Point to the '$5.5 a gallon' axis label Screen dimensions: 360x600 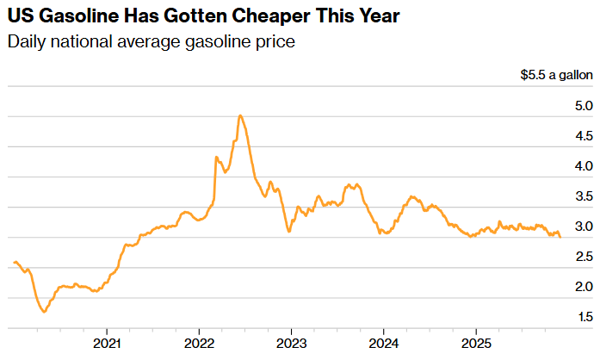556,76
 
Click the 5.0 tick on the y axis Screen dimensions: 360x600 583,106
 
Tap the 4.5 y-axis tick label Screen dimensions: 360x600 583,136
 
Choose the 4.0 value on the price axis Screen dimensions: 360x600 583,166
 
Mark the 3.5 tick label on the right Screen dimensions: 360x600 583,196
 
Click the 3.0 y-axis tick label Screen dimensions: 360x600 583,227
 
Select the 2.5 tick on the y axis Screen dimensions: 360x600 583,257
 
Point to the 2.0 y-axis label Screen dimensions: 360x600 583,287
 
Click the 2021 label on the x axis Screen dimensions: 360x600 107,341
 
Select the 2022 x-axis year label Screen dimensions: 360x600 199,341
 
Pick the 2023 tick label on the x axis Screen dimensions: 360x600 291,341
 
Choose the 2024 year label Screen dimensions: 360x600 383,341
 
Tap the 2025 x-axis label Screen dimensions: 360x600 476,341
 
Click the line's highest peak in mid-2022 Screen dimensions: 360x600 239,115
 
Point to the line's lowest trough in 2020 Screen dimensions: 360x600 44,312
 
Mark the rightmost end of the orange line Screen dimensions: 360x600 560,238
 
